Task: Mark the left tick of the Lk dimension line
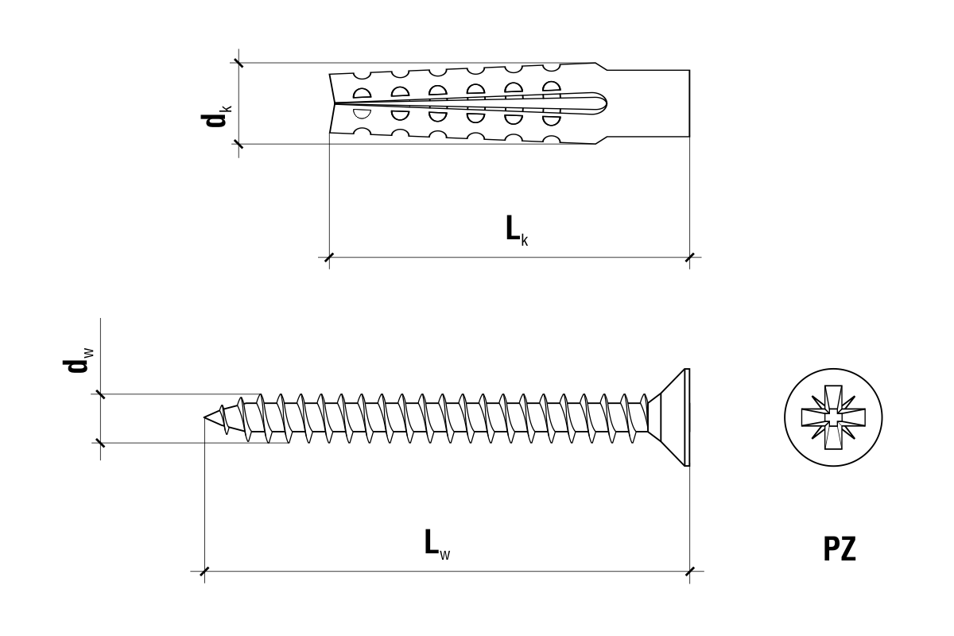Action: [x=329, y=257]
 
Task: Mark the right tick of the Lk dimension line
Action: [x=689, y=257]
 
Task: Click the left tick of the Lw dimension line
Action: [x=204, y=571]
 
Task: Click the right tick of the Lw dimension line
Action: [x=689, y=571]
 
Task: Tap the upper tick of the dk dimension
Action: [x=238, y=62]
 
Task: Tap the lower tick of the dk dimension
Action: [x=238, y=144]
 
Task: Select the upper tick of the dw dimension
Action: [x=100, y=394]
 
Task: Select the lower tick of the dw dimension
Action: [x=100, y=442]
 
